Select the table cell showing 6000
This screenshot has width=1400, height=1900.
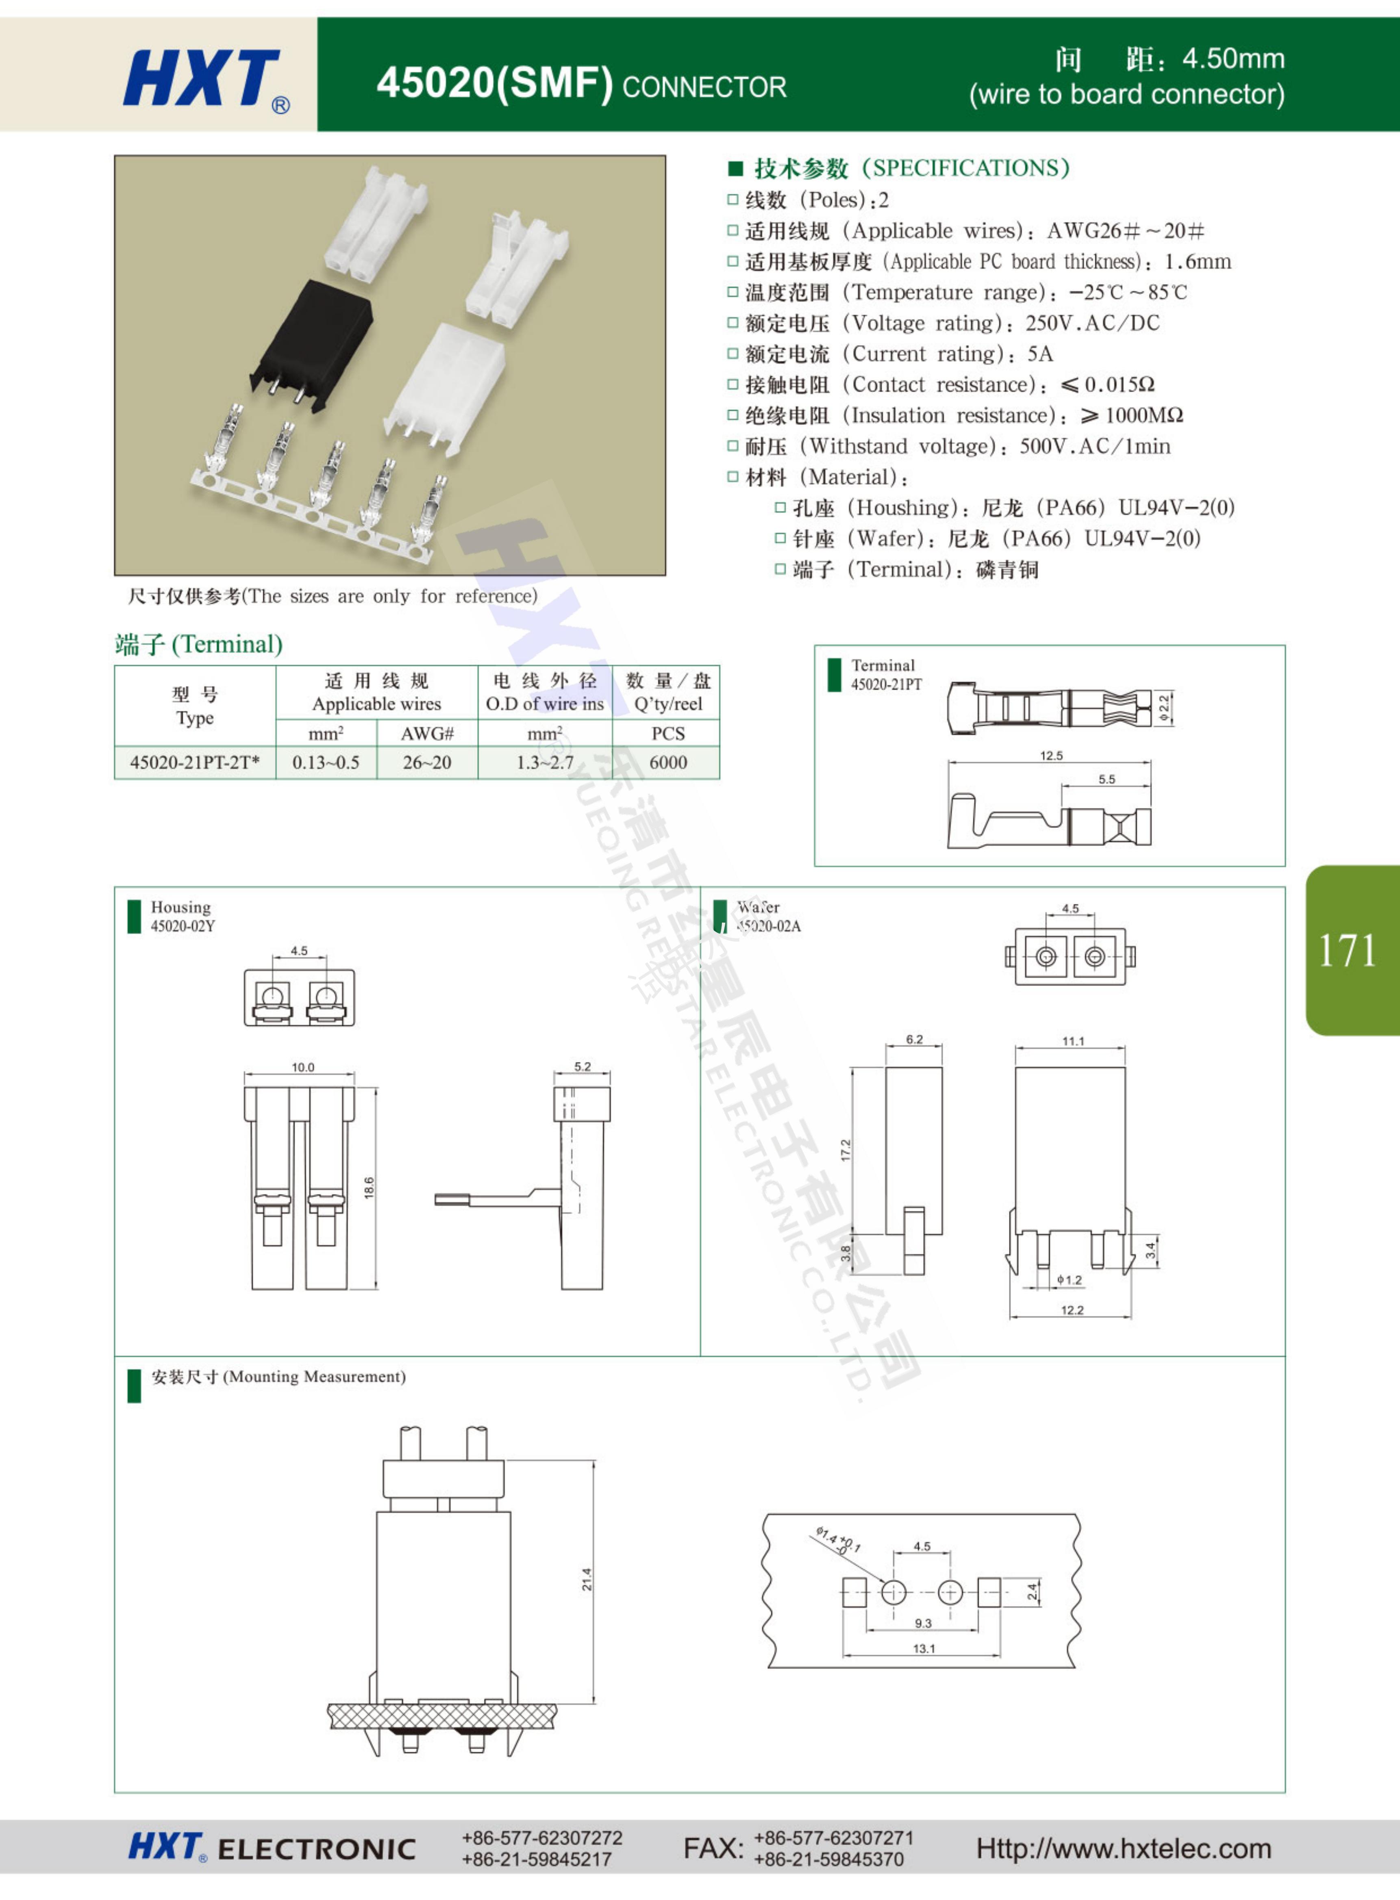click(x=668, y=762)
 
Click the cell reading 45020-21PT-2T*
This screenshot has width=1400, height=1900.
click(x=195, y=762)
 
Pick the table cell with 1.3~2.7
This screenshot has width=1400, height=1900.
click(x=545, y=762)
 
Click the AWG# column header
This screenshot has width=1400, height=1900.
click(x=427, y=734)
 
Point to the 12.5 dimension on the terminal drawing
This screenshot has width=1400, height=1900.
click(x=1051, y=756)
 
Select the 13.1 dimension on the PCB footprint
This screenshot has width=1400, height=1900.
click(x=924, y=1648)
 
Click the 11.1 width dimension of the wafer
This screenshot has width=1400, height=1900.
click(x=1073, y=1041)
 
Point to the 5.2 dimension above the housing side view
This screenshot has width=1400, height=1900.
click(x=582, y=1066)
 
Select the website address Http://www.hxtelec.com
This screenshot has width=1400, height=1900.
click(x=1124, y=1848)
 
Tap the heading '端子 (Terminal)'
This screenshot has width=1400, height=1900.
click(x=198, y=645)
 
